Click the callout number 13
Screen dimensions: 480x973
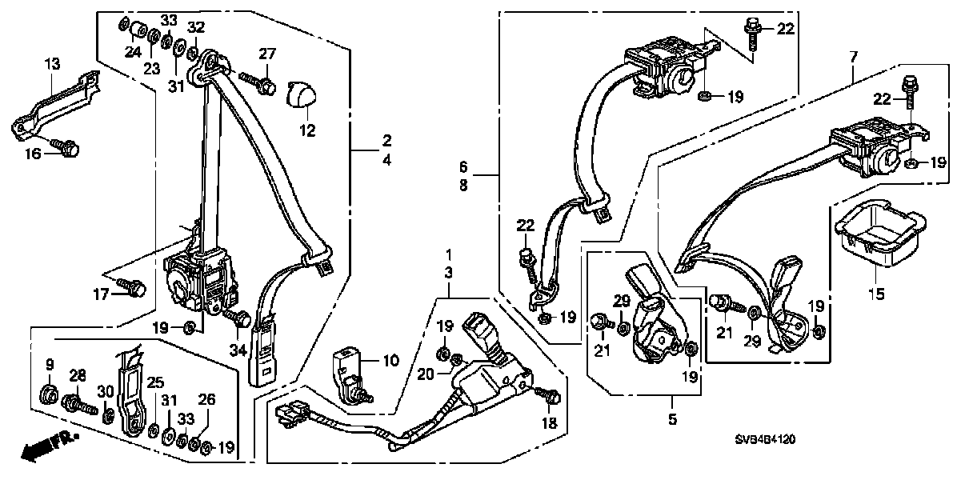tap(51, 64)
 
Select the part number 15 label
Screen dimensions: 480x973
tap(876, 294)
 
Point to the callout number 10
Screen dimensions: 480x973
tap(390, 362)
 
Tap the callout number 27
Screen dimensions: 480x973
tap(266, 54)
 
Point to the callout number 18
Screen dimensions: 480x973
tap(549, 422)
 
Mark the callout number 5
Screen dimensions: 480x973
tap(671, 418)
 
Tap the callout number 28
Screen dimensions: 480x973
tap(78, 376)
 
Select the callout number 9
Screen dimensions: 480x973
tap(49, 365)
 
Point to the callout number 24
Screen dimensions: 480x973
tap(132, 53)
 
